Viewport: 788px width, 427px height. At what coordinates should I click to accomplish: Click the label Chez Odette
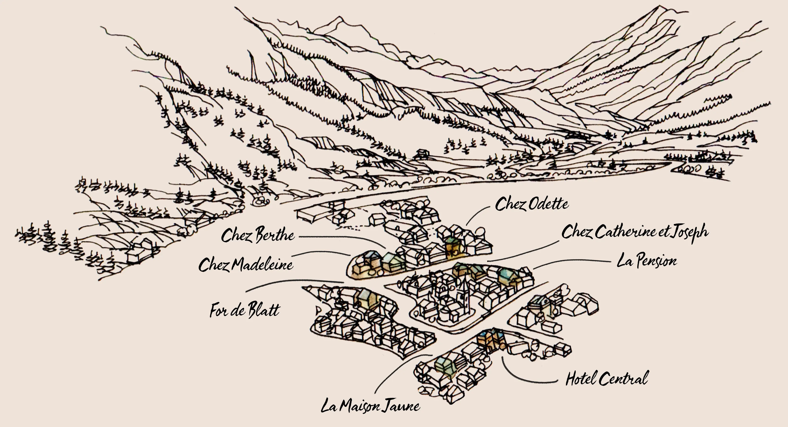(x=532, y=204)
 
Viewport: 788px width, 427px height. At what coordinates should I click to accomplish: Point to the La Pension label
(x=646, y=261)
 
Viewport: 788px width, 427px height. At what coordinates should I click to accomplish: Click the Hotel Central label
(x=607, y=378)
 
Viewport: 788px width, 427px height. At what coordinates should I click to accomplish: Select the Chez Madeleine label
(x=246, y=265)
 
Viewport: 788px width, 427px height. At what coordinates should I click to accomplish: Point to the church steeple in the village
(x=465, y=294)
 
